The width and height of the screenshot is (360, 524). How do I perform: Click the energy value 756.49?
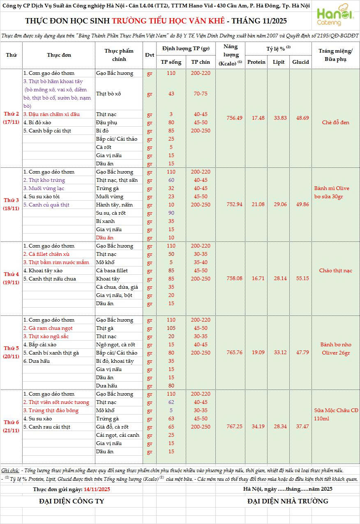click(x=234, y=118)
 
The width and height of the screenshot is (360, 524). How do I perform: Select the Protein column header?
click(x=256, y=62)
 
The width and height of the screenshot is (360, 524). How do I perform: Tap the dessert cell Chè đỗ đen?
click(x=336, y=123)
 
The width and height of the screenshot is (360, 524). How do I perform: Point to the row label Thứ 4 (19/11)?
click(x=12, y=278)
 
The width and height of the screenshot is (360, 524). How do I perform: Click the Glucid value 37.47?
click(x=300, y=427)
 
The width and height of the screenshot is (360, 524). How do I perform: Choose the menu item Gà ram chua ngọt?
click(x=48, y=328)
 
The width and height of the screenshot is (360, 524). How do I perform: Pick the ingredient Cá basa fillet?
click(x=112, y=271)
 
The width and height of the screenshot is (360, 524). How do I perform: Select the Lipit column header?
click(x=278, y=62)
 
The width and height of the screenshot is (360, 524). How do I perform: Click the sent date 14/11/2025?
click(x=97, y=489)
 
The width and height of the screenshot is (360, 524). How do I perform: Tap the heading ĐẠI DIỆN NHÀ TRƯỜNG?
click(x=288, y=501)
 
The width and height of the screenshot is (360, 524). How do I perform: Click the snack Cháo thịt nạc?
click(x=336, y=271)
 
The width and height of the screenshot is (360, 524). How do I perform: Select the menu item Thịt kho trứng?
click(x=44, y=180)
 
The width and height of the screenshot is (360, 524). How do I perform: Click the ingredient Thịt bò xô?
click(x=108, y=94)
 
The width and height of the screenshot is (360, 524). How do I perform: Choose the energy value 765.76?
click(x=234, y=352)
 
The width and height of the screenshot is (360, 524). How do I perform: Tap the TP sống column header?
click(x=171, y=62)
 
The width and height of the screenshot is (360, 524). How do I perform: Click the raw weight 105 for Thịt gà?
click(x=171, y=328)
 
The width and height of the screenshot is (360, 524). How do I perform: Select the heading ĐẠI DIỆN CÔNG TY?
click(x=72, y=501)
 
